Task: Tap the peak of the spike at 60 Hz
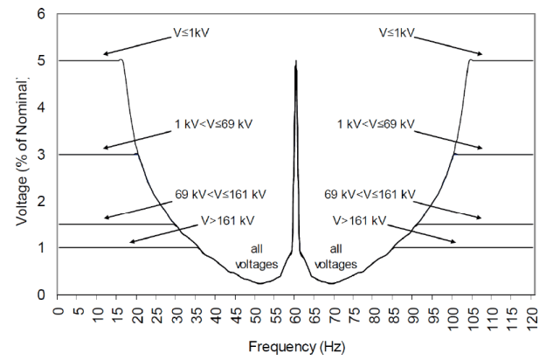(296, 62)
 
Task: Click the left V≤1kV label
(190, 36)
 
